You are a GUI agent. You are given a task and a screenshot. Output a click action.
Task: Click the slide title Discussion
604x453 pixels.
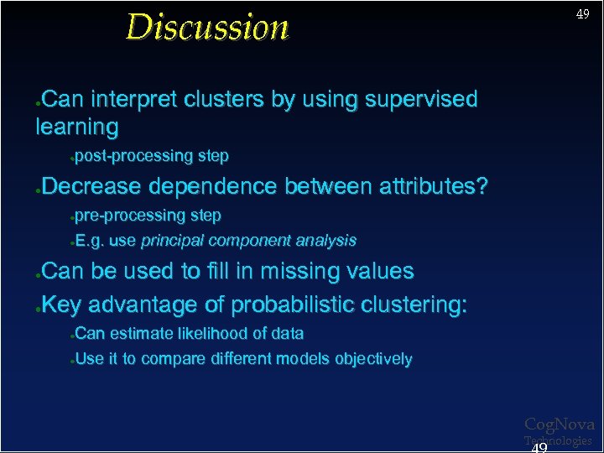pyautogui.click(x=207, y=27)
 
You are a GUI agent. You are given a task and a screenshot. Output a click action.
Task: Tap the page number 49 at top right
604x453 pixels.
pyautogui.click(x=581, y=15)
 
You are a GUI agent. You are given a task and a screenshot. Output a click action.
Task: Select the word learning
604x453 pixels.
pyautogui.click(x=76, y=128)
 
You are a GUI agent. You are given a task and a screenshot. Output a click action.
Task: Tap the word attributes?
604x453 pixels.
pyautogui.click(x=433, y=186)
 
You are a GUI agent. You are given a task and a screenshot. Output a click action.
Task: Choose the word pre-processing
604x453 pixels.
pyautogui.click(x=129, y=216)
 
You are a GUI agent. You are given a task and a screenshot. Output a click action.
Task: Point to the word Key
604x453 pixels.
pyautogui.click(x=61, y=305)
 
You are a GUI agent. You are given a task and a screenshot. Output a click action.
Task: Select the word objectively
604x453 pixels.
pyautogui.click(x=373, y=360)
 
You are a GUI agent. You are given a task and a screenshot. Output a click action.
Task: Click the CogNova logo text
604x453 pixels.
pyautogui.click(x=559, y=424)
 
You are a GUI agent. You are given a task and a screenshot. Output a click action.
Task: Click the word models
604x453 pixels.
pyautogui.click(x=307, y=360)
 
